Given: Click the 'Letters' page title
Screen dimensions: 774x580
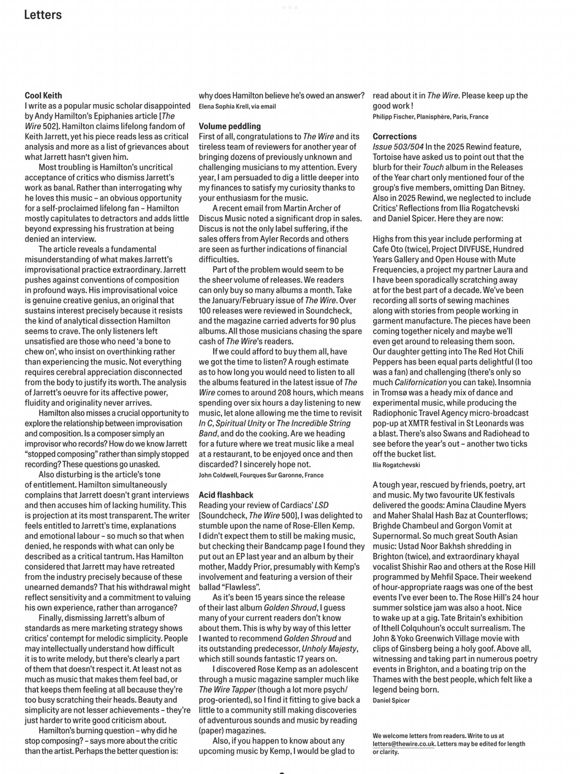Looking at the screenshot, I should click(x=43, y=15).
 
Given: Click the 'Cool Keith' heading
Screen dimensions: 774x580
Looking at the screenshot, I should click(x=43, y=96).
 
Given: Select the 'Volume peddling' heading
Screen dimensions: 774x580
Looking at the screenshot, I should click(x=230, y=126).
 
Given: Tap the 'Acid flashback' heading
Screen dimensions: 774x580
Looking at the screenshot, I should click(x=226, y=495).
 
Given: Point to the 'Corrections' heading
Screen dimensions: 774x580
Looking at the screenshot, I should click(x=394, y=137).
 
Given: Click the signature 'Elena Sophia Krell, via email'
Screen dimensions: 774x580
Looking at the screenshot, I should click(x=237, y=106).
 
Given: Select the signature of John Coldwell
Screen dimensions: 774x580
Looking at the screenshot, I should click(x=261, y=475).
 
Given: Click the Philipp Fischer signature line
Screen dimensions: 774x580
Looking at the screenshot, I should click(x=430, y=116).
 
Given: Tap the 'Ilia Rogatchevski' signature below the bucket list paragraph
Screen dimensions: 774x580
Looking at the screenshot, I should click(x=396, y=465).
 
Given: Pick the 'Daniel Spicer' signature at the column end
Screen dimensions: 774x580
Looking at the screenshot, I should click(x=391, y=700).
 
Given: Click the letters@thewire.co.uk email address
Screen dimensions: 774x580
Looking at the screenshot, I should click(x=404, y=743).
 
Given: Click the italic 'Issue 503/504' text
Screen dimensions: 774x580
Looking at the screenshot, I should click(x=398, y=147).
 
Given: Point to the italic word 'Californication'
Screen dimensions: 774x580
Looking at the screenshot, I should click(x=420, y=382).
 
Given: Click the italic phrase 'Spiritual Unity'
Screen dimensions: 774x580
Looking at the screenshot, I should click(x=241, y=423).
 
